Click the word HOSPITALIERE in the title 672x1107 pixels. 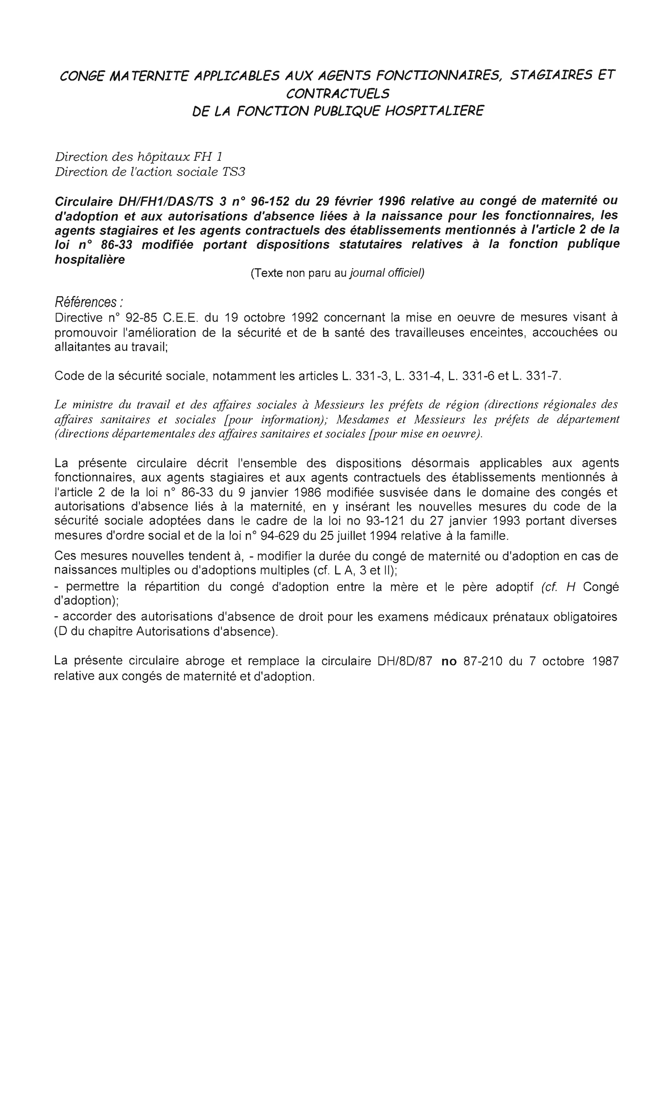(434, 111)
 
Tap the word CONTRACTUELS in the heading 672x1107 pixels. (337, 94)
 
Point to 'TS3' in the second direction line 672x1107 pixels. (234, 172)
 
